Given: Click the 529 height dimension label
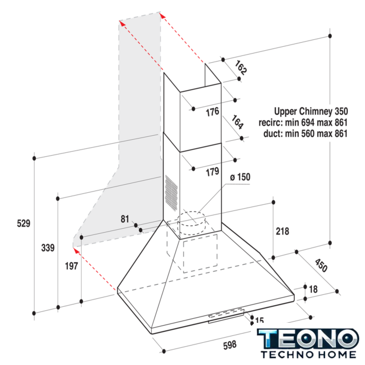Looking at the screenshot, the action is (23, 224).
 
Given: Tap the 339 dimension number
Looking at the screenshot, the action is (48, 248).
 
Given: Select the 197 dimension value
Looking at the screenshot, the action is (71, 266).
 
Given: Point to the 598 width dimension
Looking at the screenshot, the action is (230, 345).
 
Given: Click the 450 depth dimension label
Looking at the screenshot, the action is (321, 265).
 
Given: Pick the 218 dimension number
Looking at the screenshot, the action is (283, 232).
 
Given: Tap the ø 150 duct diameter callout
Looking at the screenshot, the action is (240, 177).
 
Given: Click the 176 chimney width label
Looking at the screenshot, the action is (213, 112).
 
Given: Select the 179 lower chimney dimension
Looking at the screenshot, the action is (213, 172).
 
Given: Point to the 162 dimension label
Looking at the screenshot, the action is (241, 68).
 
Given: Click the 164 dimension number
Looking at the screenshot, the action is (237, 122).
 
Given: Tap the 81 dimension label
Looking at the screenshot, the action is (125, 219).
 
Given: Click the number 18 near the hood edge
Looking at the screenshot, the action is (313, 289).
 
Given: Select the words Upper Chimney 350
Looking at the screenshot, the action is (311, 111).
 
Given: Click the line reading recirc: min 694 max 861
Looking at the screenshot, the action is (303, 123).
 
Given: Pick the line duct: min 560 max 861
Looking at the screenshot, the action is (306, 133).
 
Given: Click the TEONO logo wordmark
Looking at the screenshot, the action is (308, 339).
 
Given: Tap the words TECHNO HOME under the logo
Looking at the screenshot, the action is (309, 355).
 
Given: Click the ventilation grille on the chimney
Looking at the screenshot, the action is (171, 193).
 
